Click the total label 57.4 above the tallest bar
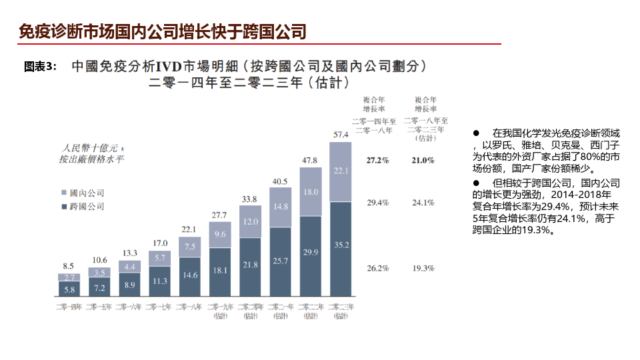341,135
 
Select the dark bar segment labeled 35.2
341,245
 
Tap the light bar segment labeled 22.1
341,171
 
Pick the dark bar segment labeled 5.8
69,290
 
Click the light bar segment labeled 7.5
189,247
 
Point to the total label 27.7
219,215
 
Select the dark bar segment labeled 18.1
219,270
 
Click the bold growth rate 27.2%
377,161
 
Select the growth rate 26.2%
377,268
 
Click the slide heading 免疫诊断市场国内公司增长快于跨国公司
163,31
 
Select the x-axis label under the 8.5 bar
69,307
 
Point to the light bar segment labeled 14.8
280,207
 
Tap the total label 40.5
280,181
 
